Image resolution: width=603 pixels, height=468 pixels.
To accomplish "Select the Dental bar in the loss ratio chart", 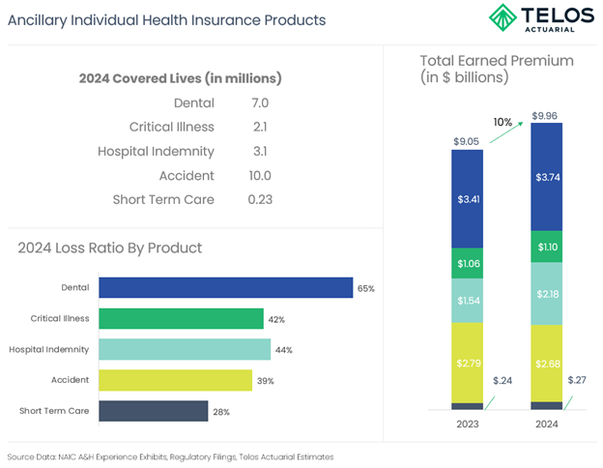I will point(225,288).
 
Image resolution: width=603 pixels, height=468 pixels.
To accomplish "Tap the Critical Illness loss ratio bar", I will point(181,319).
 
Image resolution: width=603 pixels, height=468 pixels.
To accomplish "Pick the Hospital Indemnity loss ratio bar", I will point(185,349).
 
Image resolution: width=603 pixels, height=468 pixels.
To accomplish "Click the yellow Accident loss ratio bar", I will point(175,380).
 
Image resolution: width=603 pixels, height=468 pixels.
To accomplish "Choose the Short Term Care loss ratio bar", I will point(153,411).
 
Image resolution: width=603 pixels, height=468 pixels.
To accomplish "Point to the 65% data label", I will point(365,289).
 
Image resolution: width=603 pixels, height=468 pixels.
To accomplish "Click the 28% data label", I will point(220,412).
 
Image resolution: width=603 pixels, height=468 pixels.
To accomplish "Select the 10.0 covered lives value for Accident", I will point(259,176).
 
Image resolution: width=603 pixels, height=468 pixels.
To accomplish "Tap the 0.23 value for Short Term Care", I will point(259,200).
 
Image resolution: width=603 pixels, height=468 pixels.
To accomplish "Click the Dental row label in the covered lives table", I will point(193,102).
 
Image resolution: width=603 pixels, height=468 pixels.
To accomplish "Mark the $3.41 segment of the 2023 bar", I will point(468,199).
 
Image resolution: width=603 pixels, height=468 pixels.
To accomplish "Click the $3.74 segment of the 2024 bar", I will point(547,177).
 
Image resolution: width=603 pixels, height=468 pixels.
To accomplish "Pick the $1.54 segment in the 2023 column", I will point(468,302).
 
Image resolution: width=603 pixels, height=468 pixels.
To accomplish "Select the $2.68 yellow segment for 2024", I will point(547,363).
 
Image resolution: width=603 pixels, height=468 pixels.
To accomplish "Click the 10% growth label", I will point(503,123).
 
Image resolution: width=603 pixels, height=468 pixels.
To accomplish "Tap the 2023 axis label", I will point(468,424).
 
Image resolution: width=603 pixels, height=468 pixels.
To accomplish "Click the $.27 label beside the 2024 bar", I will point(578,380).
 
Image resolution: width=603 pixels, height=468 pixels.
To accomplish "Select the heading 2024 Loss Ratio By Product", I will point(109,249).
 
